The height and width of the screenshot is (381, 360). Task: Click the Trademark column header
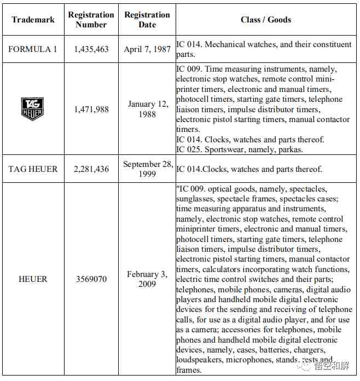tap(33, 20)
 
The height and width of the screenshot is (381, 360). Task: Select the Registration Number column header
tap(91, 20)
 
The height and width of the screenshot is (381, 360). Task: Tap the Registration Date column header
tap(147, 20)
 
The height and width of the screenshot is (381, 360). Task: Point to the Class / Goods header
tap(266, 20)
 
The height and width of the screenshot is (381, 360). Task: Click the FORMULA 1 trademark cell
tap(33, 49)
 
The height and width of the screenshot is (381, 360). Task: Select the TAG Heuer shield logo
tap(32, 109)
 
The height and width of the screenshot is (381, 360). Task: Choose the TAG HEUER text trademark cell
tap(33, 169)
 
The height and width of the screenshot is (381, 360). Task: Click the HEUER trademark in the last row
tap(33, 279)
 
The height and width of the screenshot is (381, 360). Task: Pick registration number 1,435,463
tap(91, 49)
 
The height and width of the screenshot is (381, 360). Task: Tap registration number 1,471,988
tap(91, 109)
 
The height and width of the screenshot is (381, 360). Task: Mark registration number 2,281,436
tap(91, 169)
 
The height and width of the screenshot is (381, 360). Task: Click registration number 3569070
tap(91, 279)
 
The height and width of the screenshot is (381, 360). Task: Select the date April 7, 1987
tap(147, 49)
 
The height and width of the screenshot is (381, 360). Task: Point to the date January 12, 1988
tap(147, 109)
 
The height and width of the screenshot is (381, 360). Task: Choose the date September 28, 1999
tap(147, 169)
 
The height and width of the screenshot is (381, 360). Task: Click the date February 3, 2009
tap(147, 279)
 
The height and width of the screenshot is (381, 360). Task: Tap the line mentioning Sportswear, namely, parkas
tap(239, 149)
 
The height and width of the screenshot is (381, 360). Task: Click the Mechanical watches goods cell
tap(264, 49)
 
